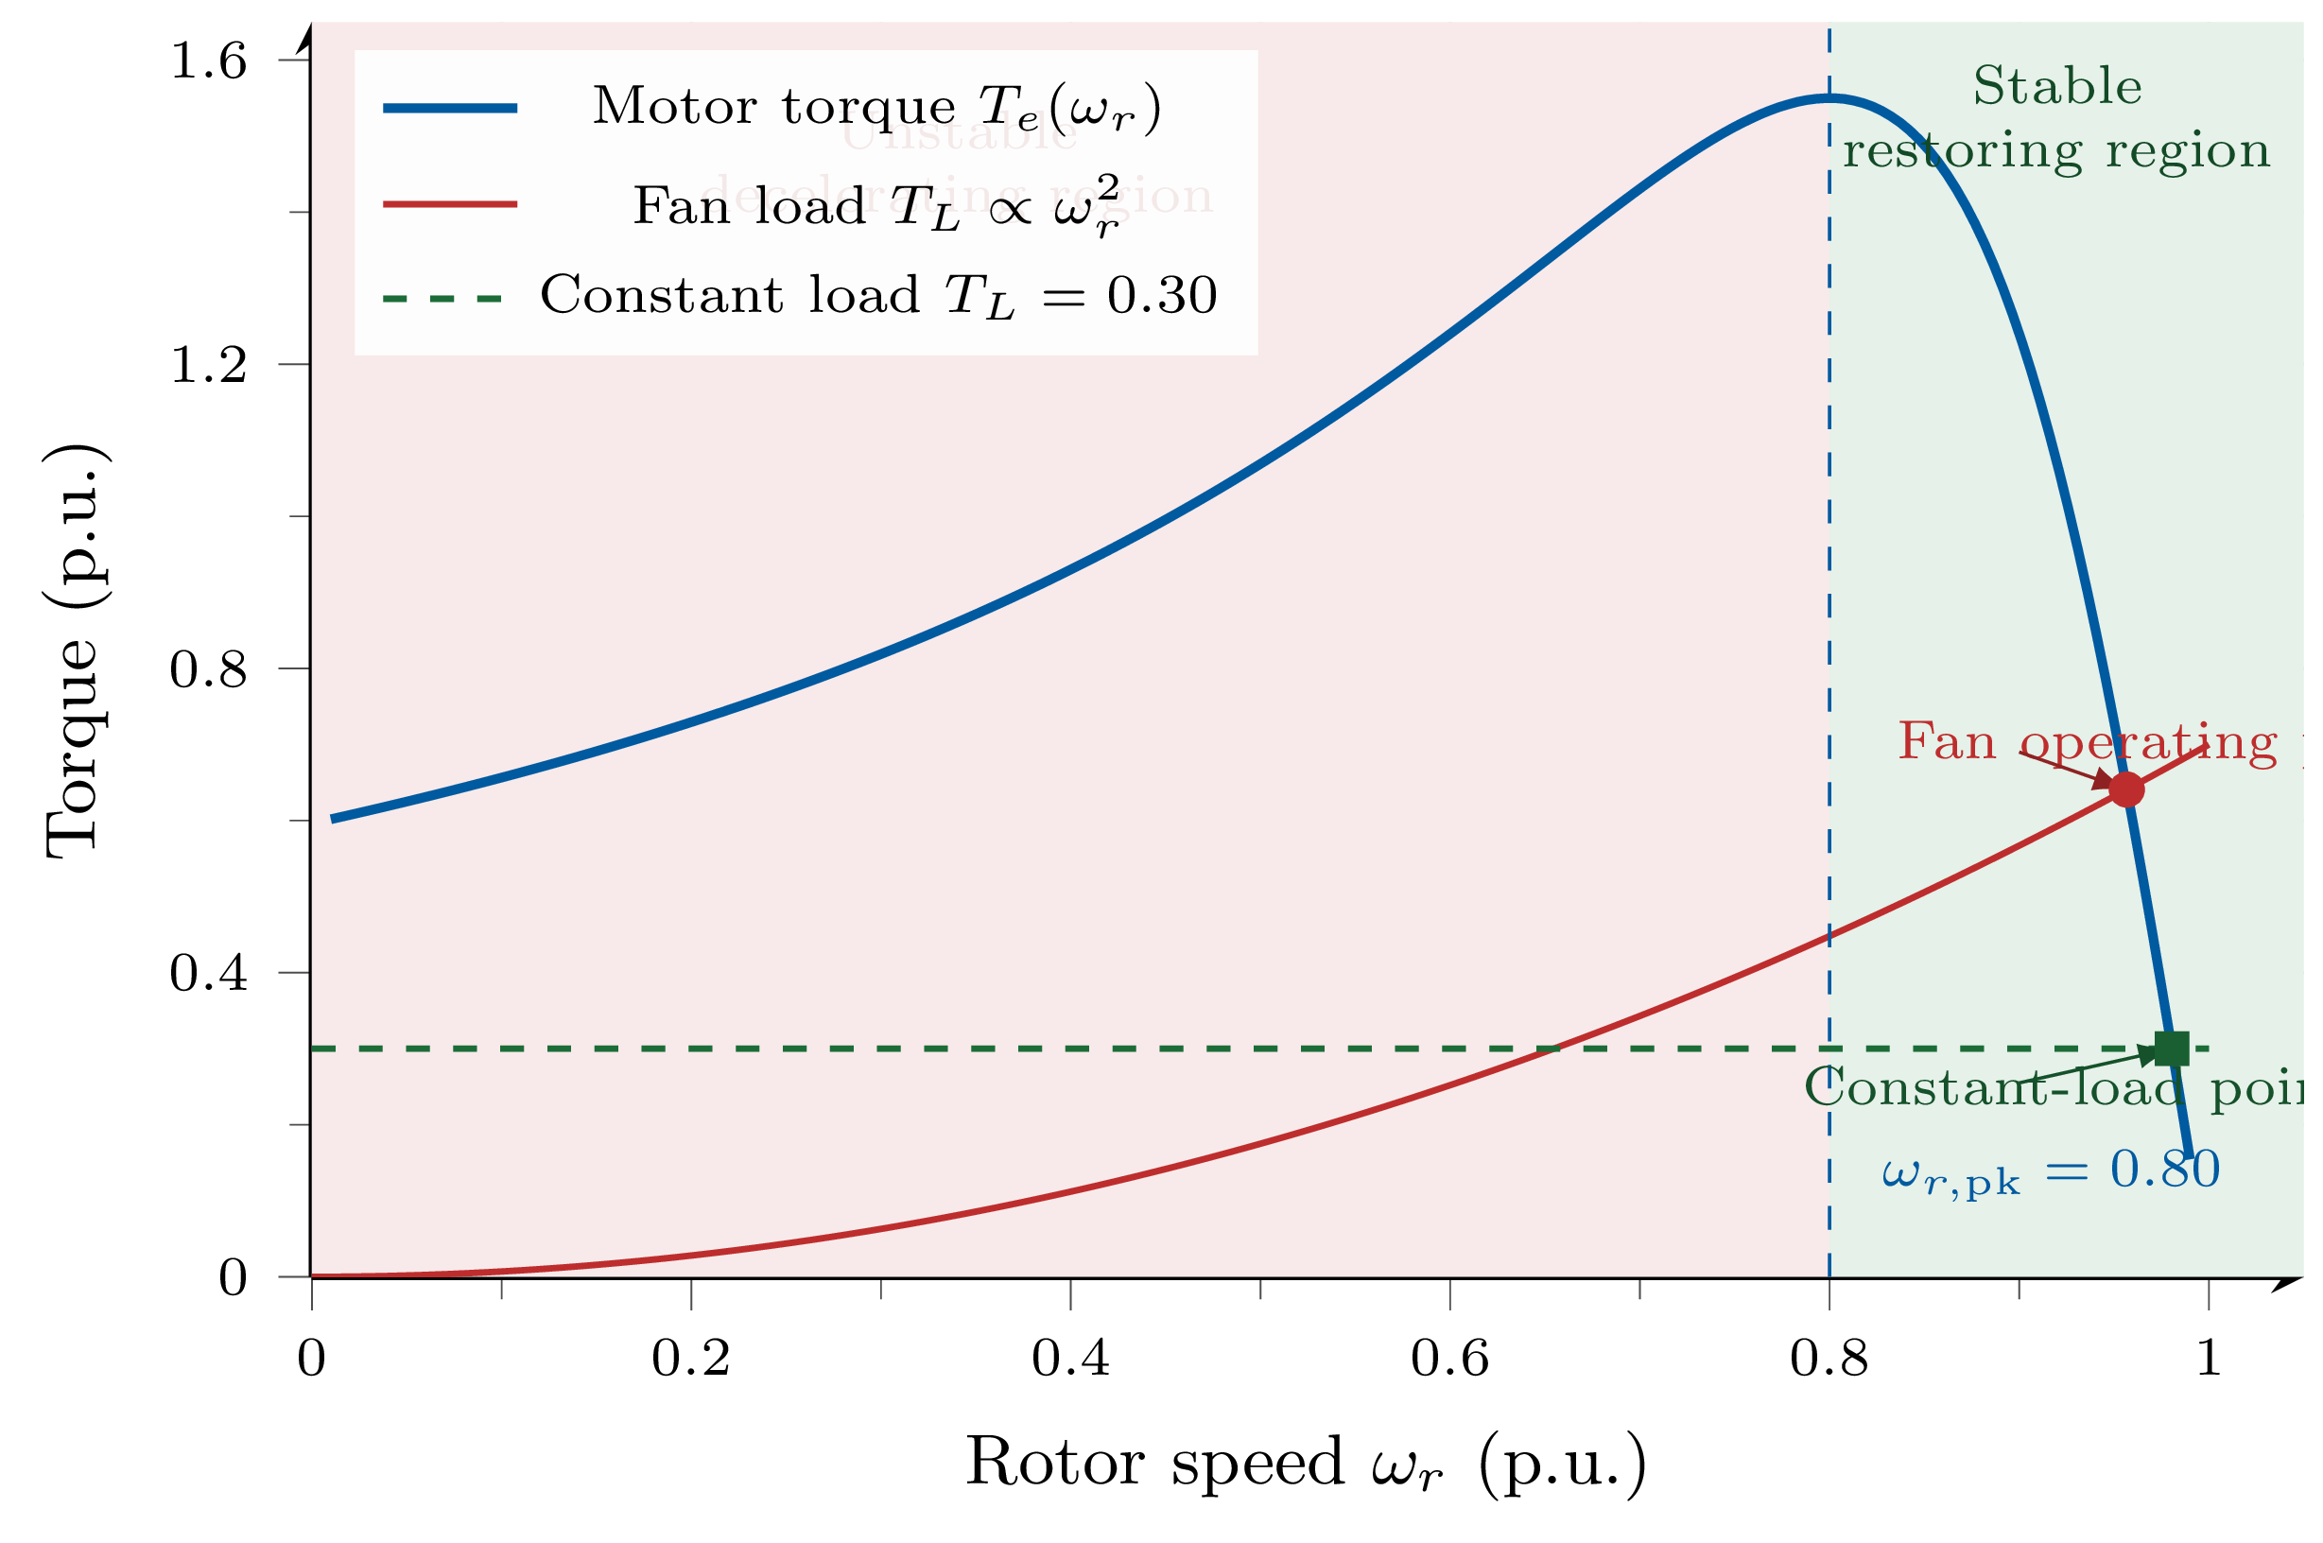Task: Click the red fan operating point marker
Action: (2126, 789)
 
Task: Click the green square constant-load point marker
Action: (2172, 1049)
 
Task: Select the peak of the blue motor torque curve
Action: (1829, 97)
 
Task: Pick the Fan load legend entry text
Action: (875, 206)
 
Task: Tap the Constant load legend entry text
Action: (877, 295)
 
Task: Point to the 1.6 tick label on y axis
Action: (208, 61)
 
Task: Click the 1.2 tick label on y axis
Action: (208, 365)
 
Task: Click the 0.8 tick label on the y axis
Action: (208, 670)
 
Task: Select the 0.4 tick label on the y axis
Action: (208, 973)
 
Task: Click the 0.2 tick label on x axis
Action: (691, 1359)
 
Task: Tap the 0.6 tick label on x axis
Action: (1449, 1359)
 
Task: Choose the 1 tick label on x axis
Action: (2209, 1359)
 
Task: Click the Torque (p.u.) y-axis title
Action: (74, 650)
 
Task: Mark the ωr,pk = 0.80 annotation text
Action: (2051, 1170)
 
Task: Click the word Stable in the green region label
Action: (2057, 86)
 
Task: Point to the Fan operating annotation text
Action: (2086, 741)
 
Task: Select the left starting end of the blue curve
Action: (334, 819)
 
